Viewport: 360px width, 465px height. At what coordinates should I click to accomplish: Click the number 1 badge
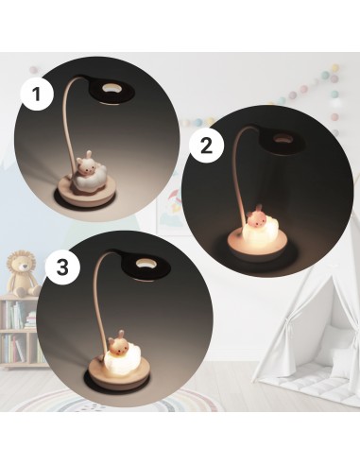click(x=37, y=94)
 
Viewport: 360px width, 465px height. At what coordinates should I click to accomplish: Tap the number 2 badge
click(x=206, y=146)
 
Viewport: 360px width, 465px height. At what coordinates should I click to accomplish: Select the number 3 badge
click(x=62, y=267)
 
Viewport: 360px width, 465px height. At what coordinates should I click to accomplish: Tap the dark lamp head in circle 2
click(x=282, y=141)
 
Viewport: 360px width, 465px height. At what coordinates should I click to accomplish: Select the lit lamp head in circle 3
click(x=146, y=266)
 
